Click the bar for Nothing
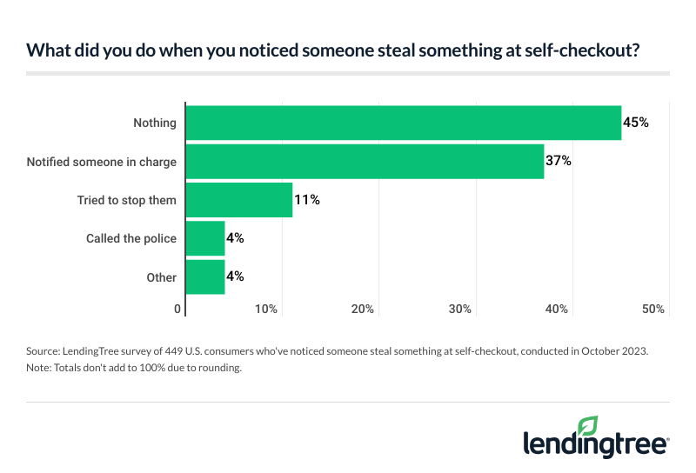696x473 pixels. coord(404,123)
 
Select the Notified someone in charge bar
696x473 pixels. coord(365,161)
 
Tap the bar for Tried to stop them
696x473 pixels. coord(239,200)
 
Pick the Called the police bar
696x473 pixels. coord(205,238)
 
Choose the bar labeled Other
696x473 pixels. coord(205,276)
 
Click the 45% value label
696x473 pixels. coord(636,123)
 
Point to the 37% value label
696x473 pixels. coord(559,161)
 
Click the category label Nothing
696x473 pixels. coord(155,123)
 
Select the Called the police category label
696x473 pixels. coord(131,238)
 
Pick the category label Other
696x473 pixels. coord(162,277)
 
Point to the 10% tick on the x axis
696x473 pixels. coord(266,309)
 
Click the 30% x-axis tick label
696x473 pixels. coord(460,309)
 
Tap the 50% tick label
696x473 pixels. coord(653,309)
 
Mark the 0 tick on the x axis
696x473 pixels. coord(178,309)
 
